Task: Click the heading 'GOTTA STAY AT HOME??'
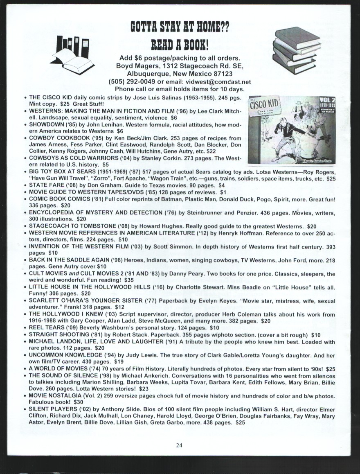point(180,27)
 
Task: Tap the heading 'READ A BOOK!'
point(180,44)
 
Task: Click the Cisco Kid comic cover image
point(291,130)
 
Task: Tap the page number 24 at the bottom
point(180,446)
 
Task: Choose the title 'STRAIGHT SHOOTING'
point(57,335)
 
